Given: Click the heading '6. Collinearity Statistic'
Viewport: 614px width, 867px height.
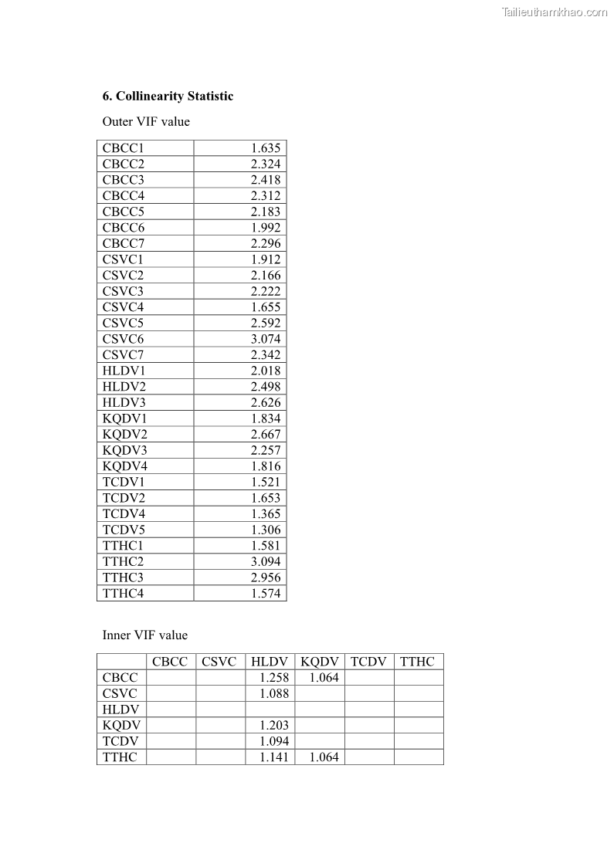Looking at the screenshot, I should click(x=168, y=97).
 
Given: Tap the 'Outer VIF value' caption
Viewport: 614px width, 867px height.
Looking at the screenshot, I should click(x=146, y=121).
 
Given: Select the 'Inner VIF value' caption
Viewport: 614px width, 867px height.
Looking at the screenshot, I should click(x=145, y=635).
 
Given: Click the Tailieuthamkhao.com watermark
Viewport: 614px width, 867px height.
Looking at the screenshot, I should click(x=554, y=12).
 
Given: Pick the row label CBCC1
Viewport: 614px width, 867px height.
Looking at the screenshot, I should click(x=124, y=148).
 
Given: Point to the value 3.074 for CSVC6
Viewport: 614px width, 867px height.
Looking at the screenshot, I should click(x=266, y=339).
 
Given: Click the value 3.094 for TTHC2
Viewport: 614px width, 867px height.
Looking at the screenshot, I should click(x=266, y=561).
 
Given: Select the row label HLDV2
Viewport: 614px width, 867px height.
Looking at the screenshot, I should click(x=124, y=387).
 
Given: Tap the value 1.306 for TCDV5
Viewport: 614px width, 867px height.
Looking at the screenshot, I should click(x=266, y=530).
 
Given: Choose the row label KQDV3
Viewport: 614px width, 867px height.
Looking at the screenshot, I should click(x=125, y=450).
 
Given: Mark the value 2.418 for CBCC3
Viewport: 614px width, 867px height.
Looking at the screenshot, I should click(x=266, y=180).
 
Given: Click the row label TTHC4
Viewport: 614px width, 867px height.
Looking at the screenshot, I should click(x=124, y=594).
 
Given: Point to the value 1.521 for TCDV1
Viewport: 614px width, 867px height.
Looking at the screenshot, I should click(x=266, y=482).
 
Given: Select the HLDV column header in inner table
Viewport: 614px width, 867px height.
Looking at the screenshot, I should click(x=270, y=662).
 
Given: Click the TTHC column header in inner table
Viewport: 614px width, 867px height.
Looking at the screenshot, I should click(x=418, y=662).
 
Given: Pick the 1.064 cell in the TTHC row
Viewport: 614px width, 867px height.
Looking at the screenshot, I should click(x=324, y=757).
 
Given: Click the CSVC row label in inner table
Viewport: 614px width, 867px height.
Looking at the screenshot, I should click(x=120, y=693).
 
